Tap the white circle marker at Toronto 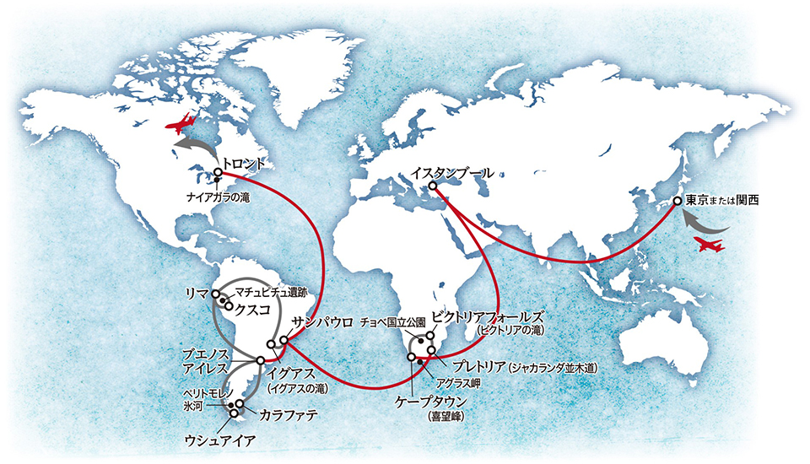click(x=217, y=172)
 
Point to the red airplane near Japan click(x=708, y=245)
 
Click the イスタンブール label click(x=453, y=173)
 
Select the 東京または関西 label click(x=721, y=202)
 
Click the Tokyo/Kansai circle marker click(x=677, y=202)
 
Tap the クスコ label click(x=254, y=310)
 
